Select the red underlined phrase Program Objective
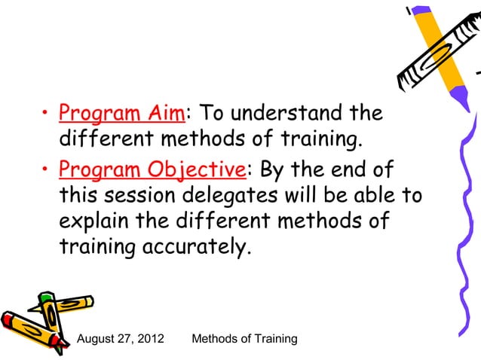pyautogui.click(x=151, y=170)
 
